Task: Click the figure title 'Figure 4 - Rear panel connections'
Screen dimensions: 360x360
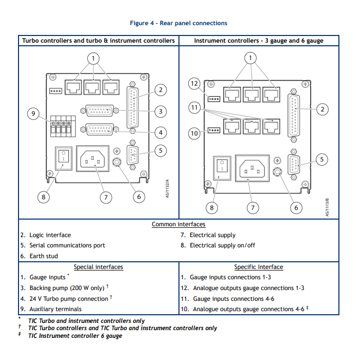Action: [x=178, y=23]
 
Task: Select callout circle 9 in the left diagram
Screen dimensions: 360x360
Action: [x=33, y=114]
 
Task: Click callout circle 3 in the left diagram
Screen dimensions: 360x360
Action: [x=160, y=111]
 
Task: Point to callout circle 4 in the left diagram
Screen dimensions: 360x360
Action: [x=160, y=133]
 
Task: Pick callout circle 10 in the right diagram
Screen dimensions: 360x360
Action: [x=194, y=134]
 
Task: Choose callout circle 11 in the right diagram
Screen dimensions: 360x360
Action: [x=193, y=108]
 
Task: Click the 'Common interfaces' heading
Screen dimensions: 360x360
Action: [x=178, y=225]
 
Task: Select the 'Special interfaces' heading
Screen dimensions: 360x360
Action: [x=98, y=267]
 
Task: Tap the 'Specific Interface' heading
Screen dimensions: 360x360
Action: [x=258, y=267]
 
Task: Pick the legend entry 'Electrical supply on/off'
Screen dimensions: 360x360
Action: [x=222, y=246]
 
